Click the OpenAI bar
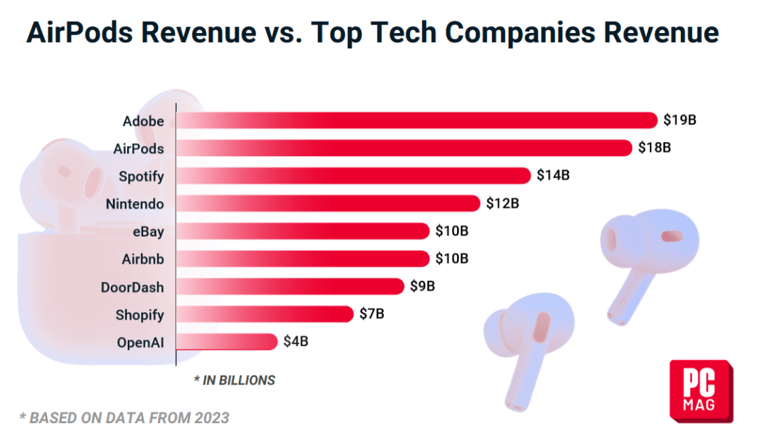[227, 342]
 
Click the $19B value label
[679, 120]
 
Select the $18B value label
[654, 148]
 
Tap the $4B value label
[295, 342]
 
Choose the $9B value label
[423, 287]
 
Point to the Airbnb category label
[142, 259]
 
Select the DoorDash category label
[132, 287]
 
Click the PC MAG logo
[700, 390]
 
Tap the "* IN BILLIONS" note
[234, 380]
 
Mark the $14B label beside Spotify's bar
[552, 176]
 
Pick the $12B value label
[502, 204]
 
